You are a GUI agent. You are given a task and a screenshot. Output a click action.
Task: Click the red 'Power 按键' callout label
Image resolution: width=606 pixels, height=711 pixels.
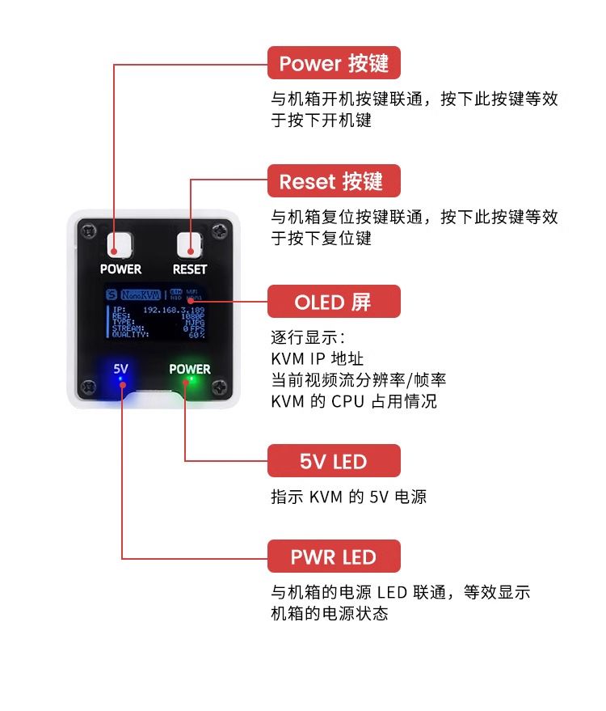334,63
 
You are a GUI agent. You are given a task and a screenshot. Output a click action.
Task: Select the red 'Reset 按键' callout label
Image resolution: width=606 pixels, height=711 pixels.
334,181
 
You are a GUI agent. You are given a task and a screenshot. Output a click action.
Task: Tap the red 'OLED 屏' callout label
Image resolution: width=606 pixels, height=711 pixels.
334,302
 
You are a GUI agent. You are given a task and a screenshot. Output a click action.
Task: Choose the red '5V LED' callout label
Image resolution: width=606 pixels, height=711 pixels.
334,461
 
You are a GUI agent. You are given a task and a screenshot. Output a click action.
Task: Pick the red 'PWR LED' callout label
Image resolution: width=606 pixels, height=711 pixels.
334,557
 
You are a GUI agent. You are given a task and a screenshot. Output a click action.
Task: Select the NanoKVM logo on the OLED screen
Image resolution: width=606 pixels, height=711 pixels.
141,294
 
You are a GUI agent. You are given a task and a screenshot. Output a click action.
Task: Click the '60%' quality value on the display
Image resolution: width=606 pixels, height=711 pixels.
196,334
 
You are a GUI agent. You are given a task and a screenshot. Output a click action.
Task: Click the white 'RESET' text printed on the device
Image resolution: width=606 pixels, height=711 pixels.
190,269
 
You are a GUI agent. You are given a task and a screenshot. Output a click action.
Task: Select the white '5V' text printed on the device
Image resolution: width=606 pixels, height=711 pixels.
120,368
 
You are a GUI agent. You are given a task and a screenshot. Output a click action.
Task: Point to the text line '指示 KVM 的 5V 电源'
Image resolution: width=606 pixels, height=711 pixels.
348,497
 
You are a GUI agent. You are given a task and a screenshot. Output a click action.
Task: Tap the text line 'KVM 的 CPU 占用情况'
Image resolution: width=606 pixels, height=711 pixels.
354,401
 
